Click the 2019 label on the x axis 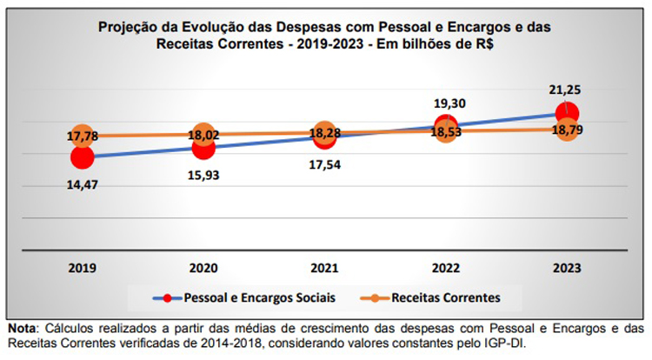click(82, 268)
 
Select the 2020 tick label click(203, 268)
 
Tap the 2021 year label click(324, 268)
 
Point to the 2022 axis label click(445, 268)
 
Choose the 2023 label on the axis click(566, 268)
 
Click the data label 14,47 click(82, 184)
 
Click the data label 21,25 click(566, 90)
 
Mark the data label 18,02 click(203, 135)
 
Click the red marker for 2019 click(82, 158)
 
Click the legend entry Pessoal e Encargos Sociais click(249, 297)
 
